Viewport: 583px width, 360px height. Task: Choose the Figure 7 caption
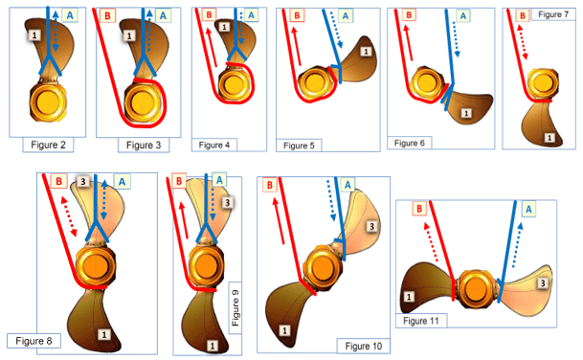point(552,15)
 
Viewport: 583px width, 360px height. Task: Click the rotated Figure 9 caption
point(235,310)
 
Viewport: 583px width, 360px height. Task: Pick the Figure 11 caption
point(422,320)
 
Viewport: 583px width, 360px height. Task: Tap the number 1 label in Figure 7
point(548,138)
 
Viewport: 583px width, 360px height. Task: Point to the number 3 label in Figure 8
point(83,182)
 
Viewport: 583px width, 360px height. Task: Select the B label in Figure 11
point(419,208)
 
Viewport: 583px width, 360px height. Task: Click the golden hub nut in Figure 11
point(476,285)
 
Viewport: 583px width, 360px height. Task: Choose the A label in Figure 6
point(463,16)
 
